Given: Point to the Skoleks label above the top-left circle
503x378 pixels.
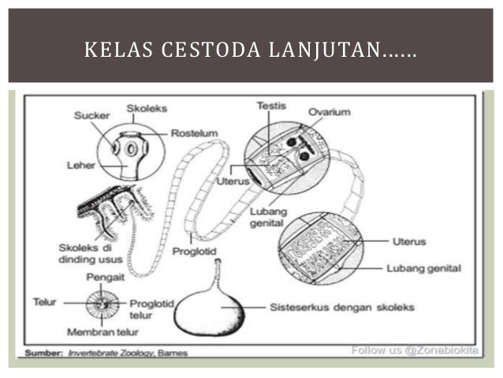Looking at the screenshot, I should coord(146,108).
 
